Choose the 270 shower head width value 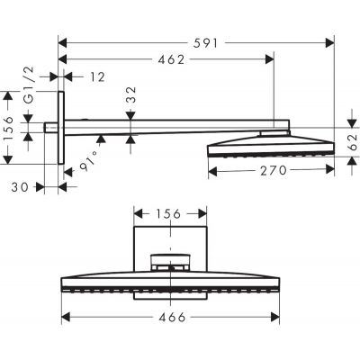point(269,168)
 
